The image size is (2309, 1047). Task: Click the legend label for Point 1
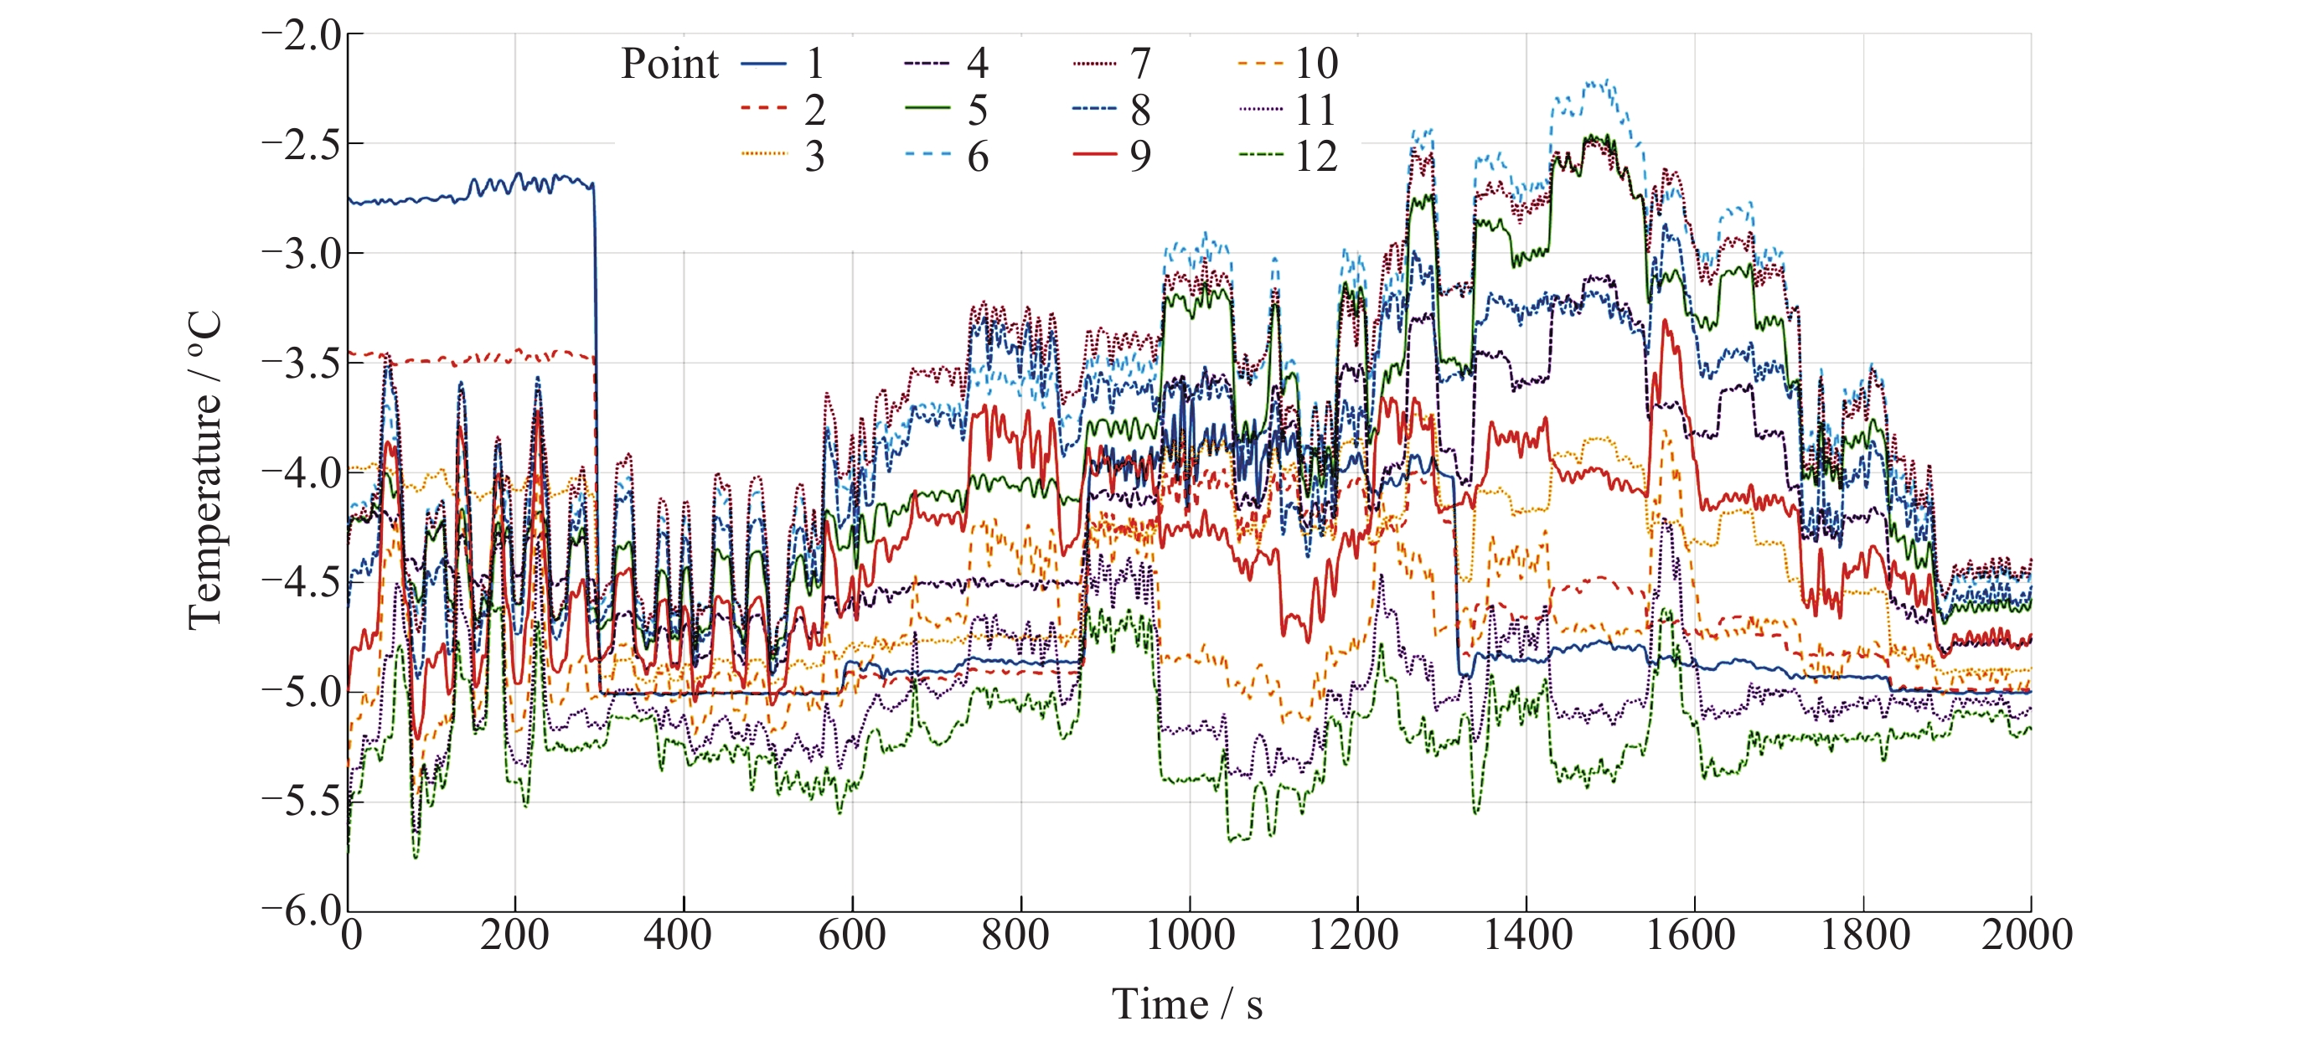[814, 64]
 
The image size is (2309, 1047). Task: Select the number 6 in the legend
[977, 157]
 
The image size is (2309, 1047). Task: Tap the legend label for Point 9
[1139, 157]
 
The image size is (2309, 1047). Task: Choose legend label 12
[1315, 157]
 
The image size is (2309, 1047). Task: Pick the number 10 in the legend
[1315, 64]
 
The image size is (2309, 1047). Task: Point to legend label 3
[814, 157]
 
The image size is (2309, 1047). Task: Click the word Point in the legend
[669, 64]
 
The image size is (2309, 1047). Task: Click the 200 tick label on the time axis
[514, 936]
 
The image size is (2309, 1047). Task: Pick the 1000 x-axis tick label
[1190, 936]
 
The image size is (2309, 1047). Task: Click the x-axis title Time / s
[1187, 1004]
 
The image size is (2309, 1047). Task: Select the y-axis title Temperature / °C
[205, 472]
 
